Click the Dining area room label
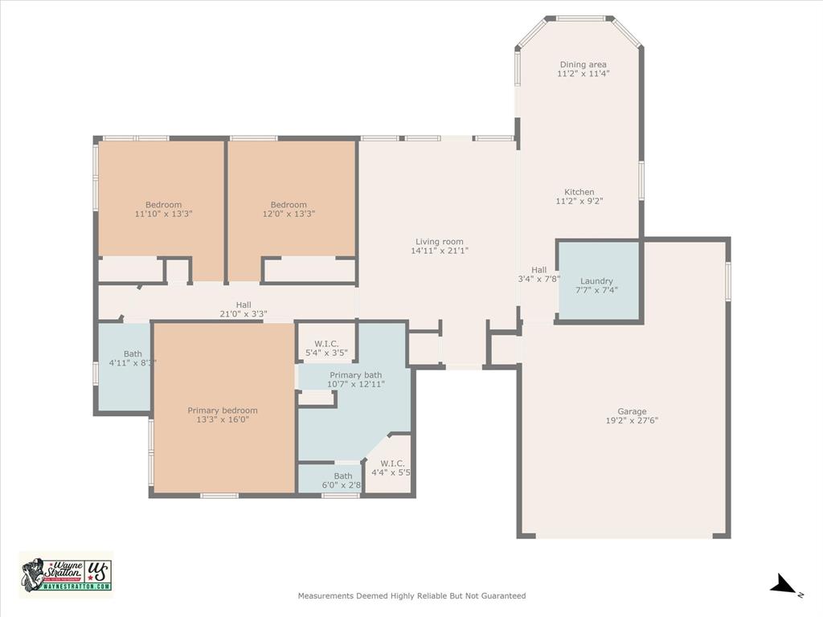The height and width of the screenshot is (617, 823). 583,64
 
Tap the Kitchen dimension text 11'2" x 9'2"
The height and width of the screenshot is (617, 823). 579,202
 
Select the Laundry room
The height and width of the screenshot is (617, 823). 598,281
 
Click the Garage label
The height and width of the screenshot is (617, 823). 632,411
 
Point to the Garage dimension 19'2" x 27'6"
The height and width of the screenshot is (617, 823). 632,421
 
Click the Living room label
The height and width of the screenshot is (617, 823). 439,241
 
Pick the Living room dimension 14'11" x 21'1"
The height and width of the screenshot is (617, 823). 439,251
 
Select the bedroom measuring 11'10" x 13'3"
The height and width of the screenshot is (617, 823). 164,209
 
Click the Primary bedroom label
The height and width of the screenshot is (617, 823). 223,411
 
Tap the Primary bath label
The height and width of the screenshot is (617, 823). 356,374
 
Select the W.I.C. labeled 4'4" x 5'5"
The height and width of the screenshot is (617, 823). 393,468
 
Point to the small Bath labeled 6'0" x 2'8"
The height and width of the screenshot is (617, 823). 342,480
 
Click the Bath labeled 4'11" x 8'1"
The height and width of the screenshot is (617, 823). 133,358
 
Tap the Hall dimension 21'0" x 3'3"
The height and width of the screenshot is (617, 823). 243,314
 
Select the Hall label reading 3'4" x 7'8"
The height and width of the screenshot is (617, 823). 539,275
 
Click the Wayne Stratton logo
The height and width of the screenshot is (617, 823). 66,574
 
